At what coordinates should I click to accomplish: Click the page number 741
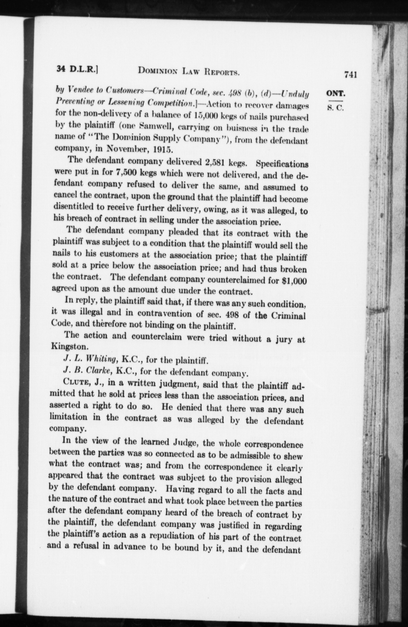pyautogui.click(x=350, y=74)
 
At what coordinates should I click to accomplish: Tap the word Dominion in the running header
pyautogui.click(x=157, y=71)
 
